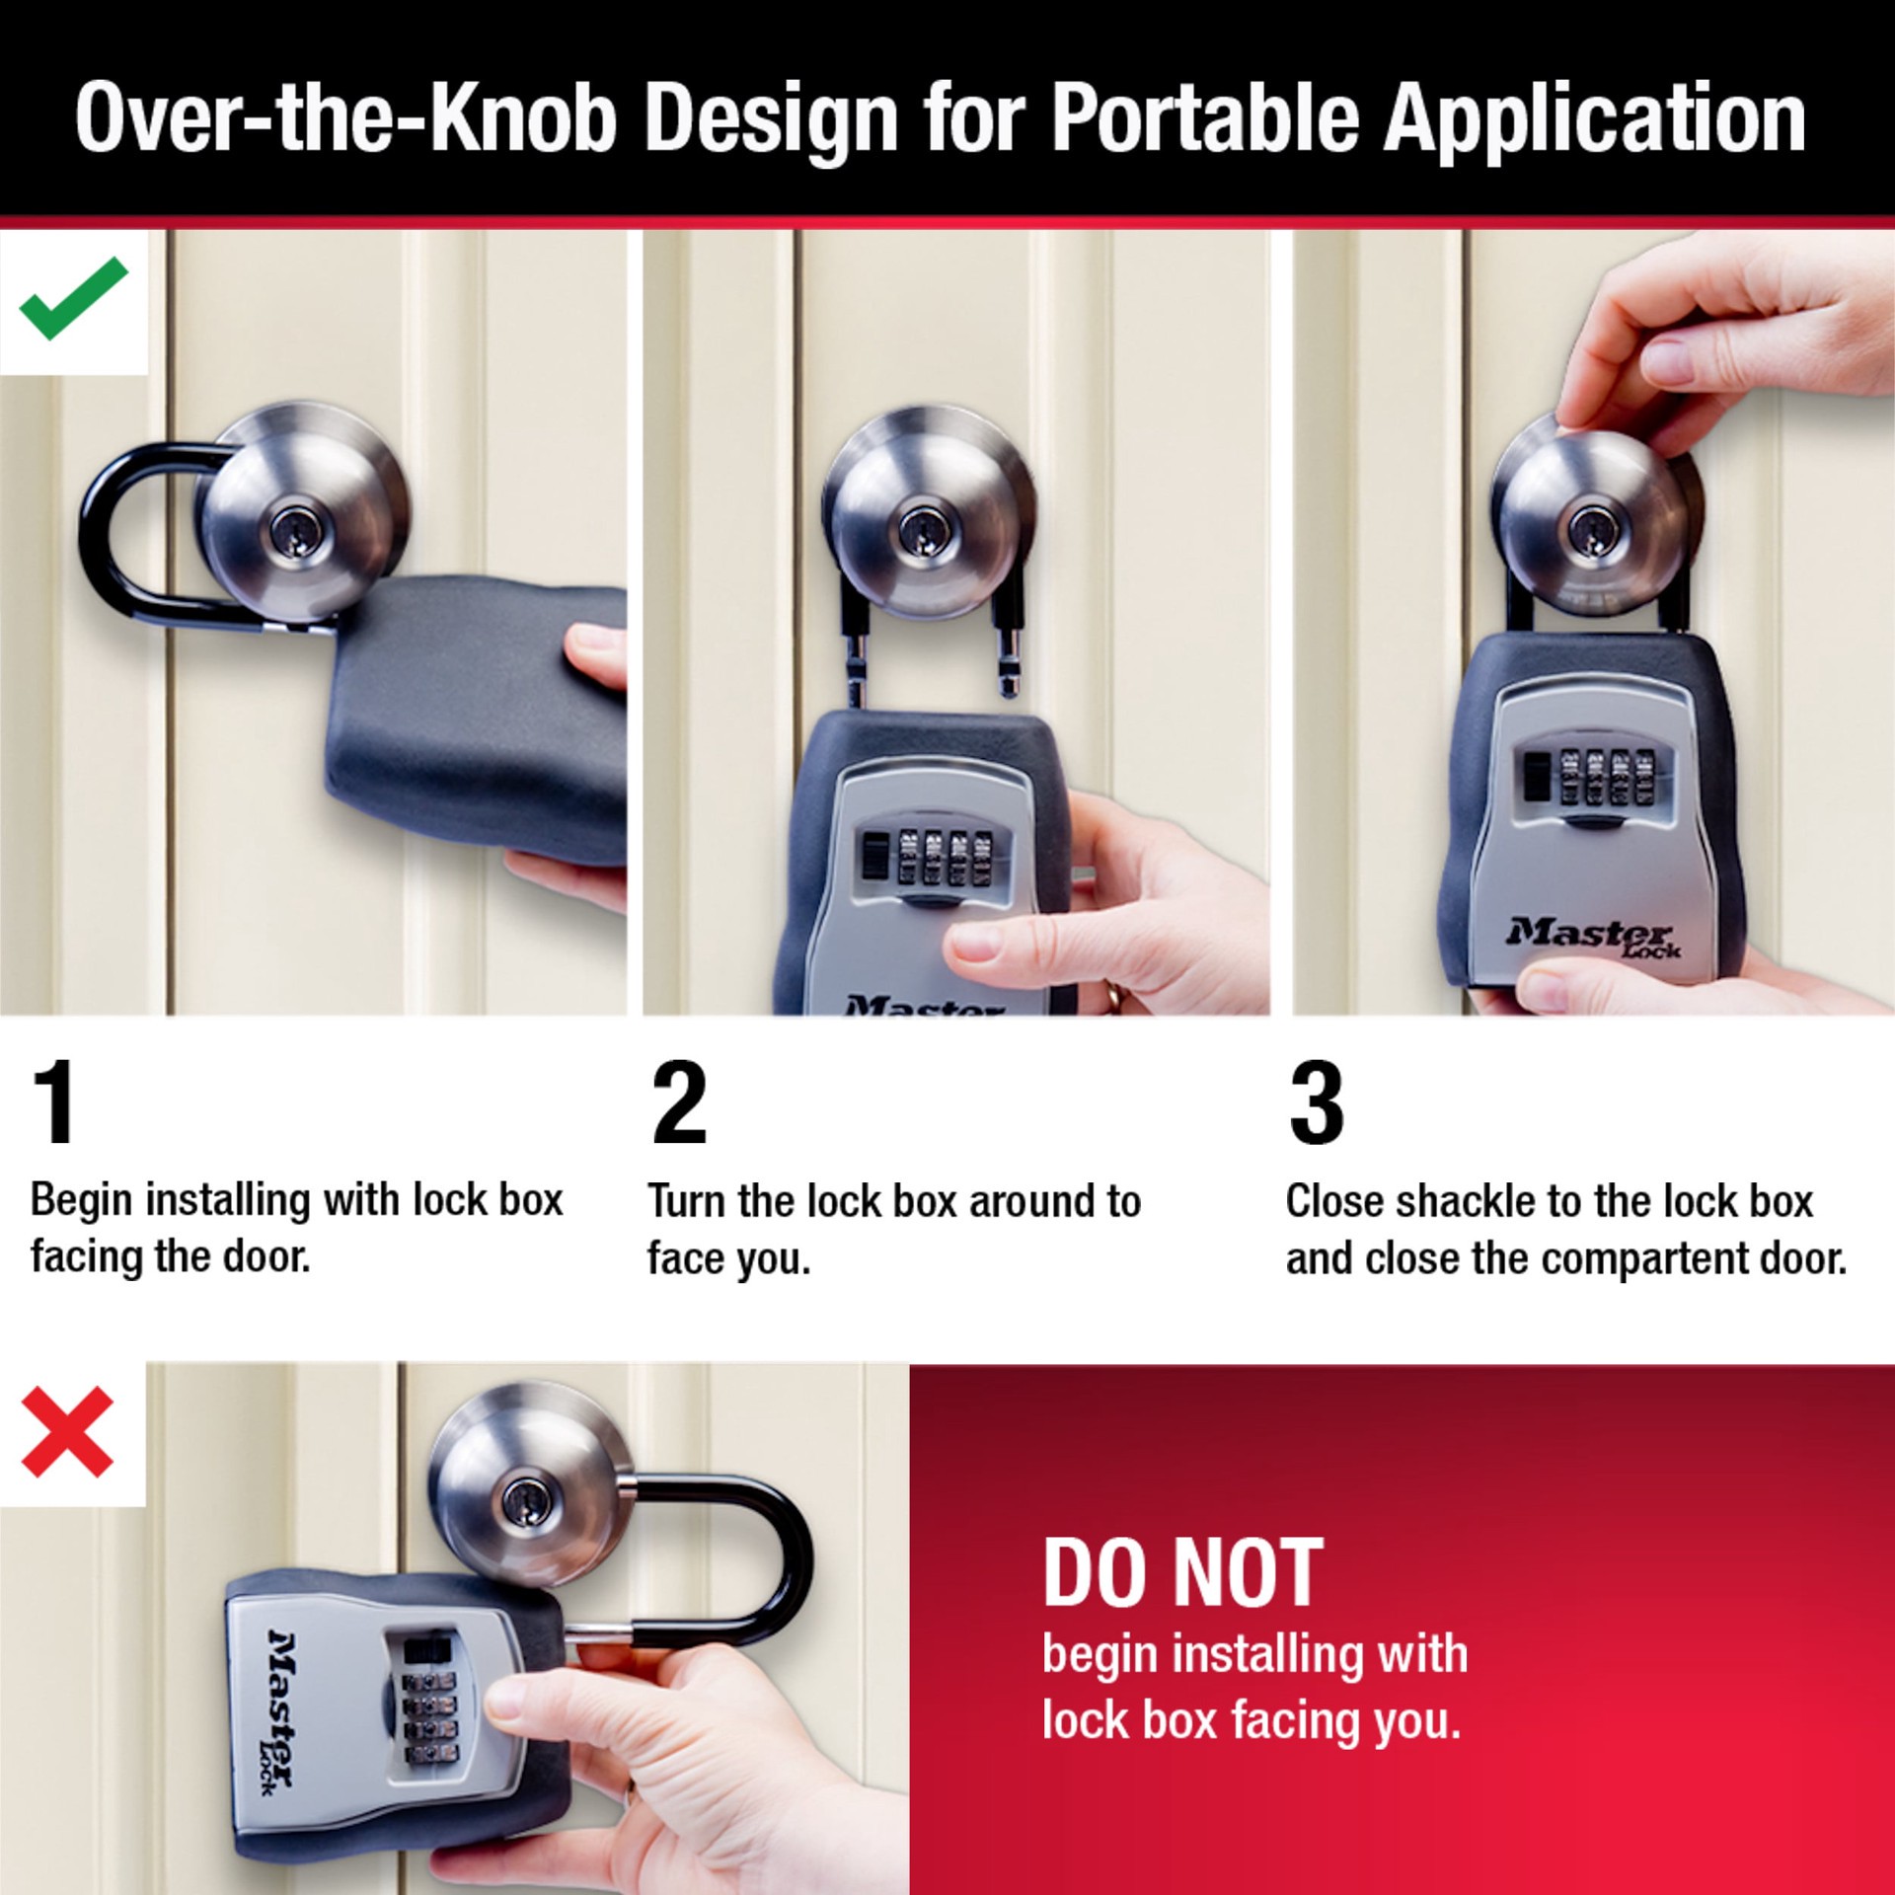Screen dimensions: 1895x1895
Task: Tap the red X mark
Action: point(67,1432)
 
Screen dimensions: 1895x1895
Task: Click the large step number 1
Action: point(54,1101)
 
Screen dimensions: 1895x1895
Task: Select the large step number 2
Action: point(679,1101)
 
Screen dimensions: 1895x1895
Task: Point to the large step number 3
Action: point(1317,1101)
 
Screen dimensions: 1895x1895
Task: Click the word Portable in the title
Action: point(1204,120)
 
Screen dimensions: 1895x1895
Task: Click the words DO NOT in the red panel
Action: point(1182,1573)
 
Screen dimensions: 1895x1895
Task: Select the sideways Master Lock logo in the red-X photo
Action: point(280,1710)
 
